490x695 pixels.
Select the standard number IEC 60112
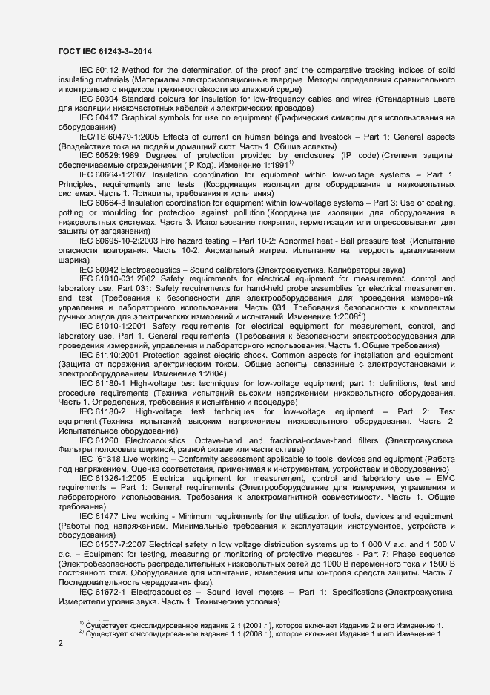(x=101, y=71)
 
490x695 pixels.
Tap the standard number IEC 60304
(x=101, y=99)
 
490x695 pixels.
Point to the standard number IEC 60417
(x=101, y=118)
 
